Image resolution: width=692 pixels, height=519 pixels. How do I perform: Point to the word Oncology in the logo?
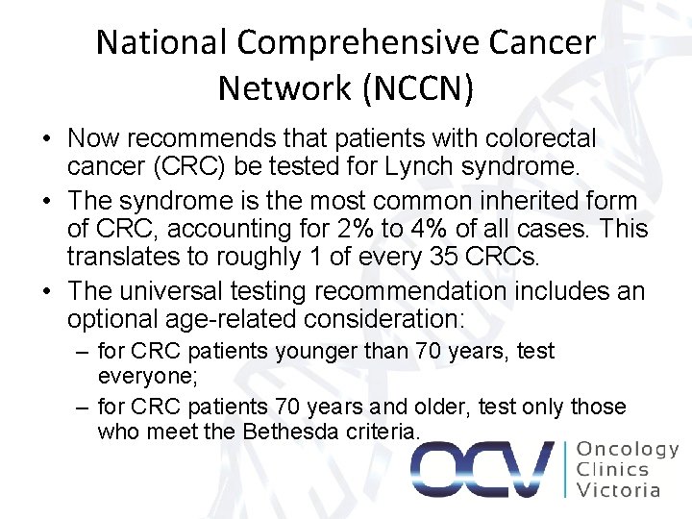627,449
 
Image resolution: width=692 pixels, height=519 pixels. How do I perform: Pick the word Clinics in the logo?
612,470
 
